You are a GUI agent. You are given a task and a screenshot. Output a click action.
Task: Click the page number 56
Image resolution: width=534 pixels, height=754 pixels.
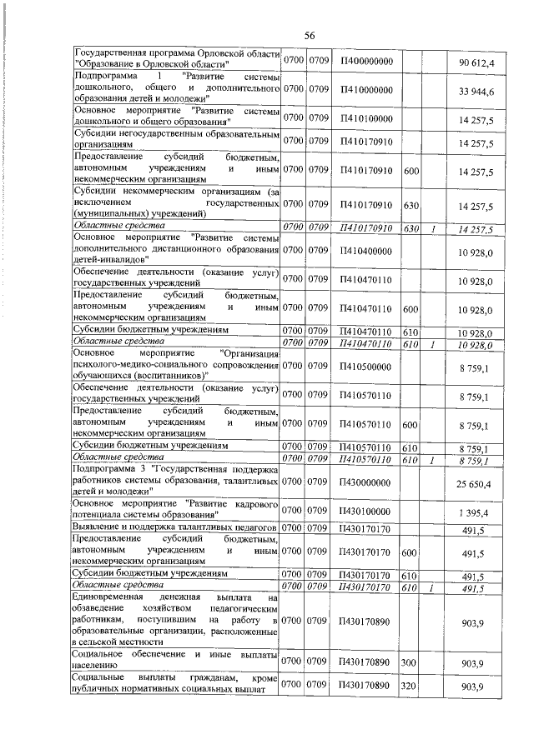[x=309, y=36]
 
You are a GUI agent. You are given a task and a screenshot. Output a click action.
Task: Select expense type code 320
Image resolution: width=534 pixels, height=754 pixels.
[x=410, y=686]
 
